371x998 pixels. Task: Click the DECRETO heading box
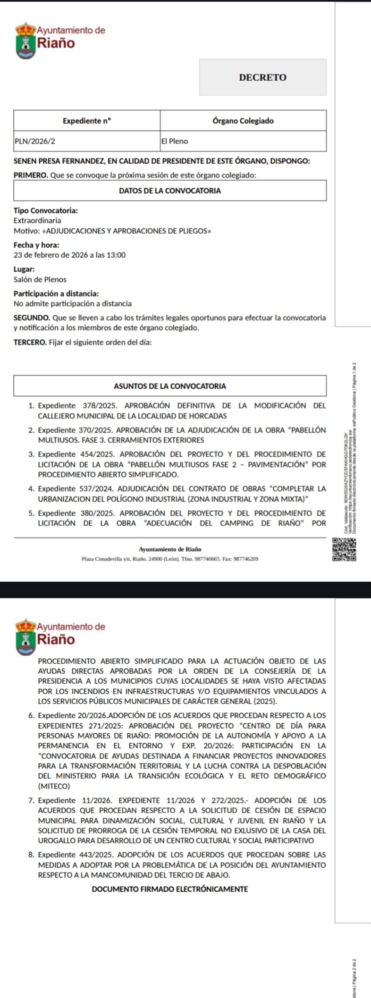pos(262,77)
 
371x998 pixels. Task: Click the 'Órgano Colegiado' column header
pos(243,121)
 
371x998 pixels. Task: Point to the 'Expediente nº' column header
pos(87,121)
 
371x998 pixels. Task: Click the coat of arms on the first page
pos(26,41)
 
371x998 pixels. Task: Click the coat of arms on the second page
pos(26,637)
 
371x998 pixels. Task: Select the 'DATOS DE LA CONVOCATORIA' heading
pos(170,191)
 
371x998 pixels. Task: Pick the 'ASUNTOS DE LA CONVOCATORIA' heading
pos(170,386)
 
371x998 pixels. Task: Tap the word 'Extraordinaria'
pos(37,220)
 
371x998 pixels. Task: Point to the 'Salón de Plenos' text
pos(40,280)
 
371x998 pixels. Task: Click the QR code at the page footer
pos(345,550)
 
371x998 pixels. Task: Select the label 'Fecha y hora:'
pos(36,245)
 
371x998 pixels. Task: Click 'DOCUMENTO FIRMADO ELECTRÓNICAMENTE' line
pos(170,889)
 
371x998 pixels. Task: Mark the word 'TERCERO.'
pos(30,342)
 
